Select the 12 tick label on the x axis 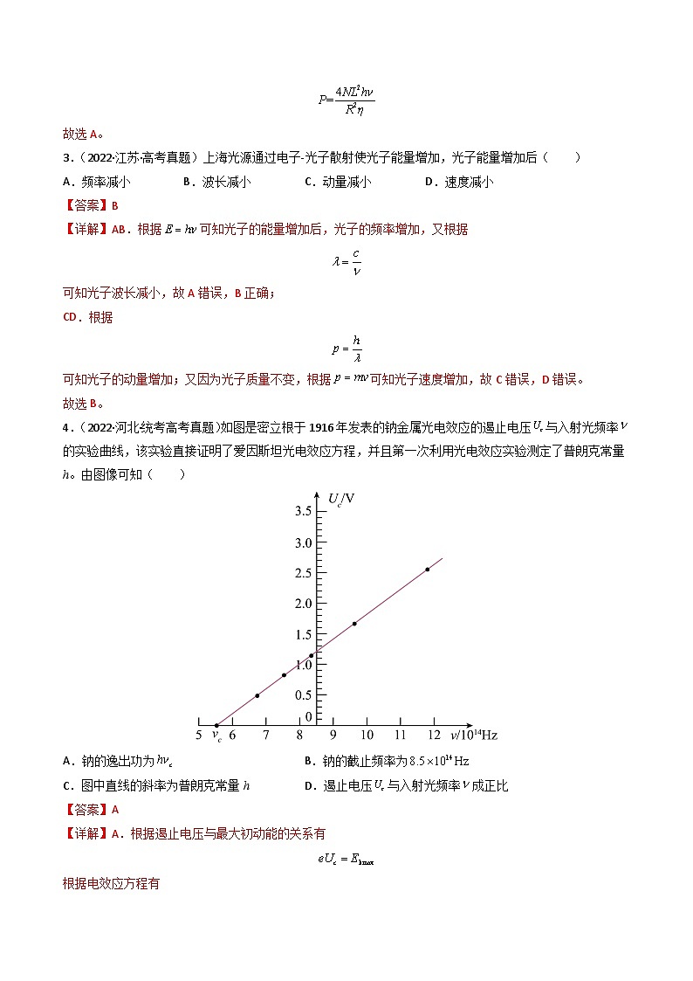434,736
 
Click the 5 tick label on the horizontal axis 199,736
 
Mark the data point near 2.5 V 428,570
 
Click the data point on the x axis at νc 216,725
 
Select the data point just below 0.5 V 257,695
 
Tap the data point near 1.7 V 354,624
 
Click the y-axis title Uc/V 341,499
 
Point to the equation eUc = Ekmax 346,859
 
